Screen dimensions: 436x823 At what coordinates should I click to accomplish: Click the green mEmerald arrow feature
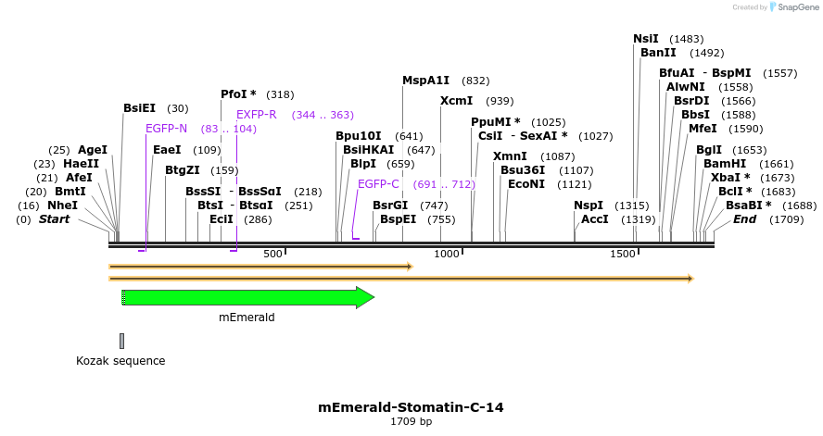coord(246,297)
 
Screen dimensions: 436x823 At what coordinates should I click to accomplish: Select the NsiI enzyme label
coord(646,39)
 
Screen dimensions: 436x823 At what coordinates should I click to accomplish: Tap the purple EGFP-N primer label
coord(166,129)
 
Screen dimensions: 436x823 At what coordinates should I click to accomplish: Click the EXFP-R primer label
coord(257,115)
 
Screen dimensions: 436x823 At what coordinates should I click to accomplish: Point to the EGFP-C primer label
coord(378,184)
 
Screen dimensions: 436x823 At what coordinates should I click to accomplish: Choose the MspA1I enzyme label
coord(425,81)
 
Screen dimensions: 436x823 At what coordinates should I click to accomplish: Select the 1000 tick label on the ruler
coord(448,254)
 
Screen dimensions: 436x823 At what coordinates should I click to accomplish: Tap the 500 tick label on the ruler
coord(272,254)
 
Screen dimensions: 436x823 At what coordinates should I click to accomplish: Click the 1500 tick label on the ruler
coord(622,254)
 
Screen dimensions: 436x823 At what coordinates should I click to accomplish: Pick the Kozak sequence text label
coord(120,361)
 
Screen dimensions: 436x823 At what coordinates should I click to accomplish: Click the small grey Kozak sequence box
coord(121,341)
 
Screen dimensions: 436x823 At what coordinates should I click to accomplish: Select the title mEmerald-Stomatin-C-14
coord(411,407)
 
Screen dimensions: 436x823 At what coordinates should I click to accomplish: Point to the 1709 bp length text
coord(411,422)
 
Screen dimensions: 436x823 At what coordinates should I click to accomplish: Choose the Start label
coord(54,219)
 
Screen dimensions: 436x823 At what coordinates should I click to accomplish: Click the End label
coord(744,219)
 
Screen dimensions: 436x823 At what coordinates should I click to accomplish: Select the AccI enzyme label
coord(595,219)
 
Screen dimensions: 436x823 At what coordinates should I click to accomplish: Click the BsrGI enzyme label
coord(390,206)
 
